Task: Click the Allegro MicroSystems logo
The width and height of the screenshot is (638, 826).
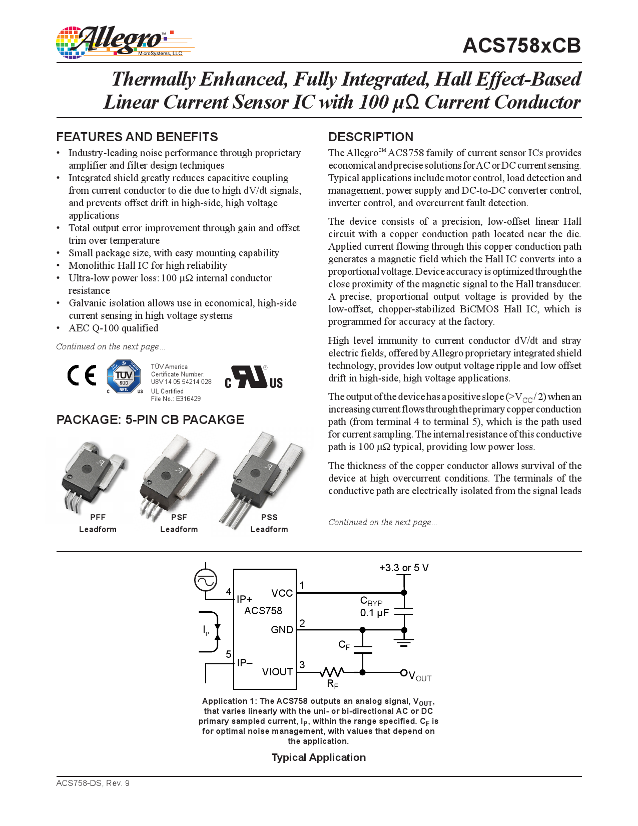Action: click(x=123, y=42)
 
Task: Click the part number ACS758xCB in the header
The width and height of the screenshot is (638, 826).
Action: click(x=521, y=46)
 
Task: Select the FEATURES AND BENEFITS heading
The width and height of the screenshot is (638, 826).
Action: click(x=137, y=137)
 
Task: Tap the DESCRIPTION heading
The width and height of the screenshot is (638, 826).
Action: click(x=371, y=137)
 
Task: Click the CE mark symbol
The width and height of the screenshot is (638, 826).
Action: click(x=82, y=375)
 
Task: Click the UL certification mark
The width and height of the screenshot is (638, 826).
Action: click(x=254, y=377)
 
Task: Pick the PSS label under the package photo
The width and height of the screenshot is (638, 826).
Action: click(x=269, y=517)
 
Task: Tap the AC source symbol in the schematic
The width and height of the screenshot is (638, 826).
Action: click(x=206, y=581)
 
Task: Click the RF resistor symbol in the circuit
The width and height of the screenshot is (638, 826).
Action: click(x=332, y=672)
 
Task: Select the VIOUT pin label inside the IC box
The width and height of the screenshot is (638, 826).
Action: click(x=277, y=672)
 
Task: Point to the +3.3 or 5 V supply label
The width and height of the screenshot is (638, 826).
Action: click(x=404, y=568)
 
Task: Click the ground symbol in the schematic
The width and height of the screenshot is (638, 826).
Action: click(x=404, y=642)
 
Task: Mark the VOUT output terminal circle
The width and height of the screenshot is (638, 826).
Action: click(x=404, y=672)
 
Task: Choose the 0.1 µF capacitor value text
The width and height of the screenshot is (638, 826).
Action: click(x=374, y=613)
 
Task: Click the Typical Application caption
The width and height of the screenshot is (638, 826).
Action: click(x=319, y=757)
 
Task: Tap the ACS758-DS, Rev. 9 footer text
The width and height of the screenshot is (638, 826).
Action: click(x=93, y=783)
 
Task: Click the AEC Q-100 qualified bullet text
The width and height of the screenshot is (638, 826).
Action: click(x=114, y=328)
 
